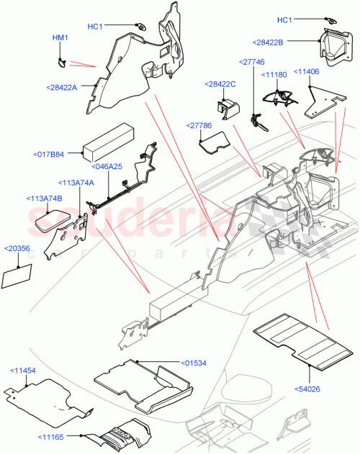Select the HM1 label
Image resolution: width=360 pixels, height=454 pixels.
coord(60,37)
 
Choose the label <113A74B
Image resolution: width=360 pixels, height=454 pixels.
coord(45,198)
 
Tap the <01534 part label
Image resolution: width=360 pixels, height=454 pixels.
coord(194,362)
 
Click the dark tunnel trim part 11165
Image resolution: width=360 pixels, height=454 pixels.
coord(119,435)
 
